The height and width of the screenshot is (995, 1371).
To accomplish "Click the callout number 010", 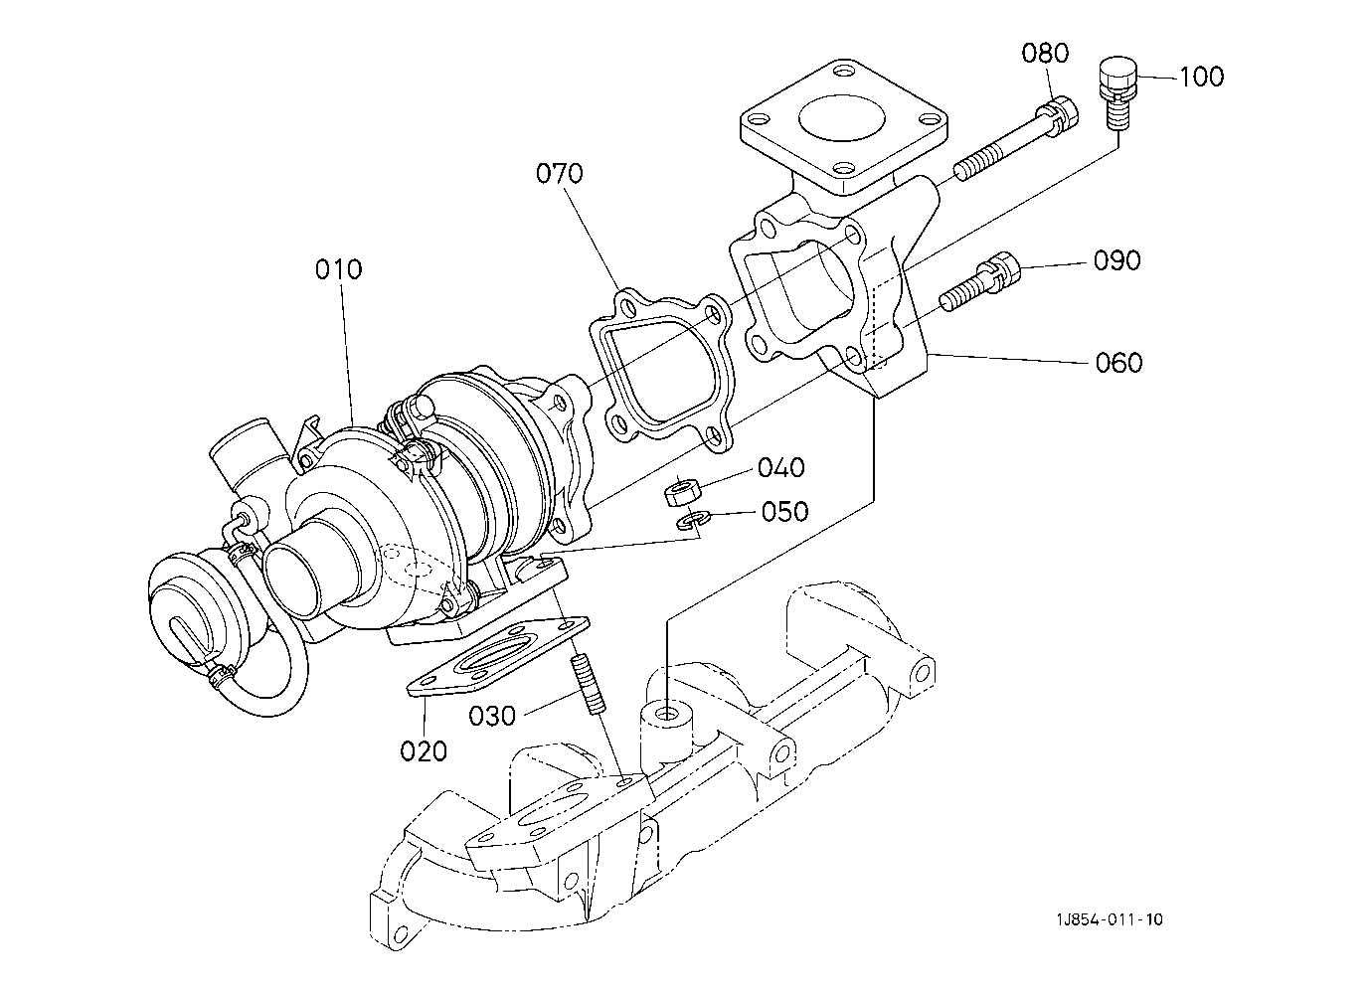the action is click(338, 269).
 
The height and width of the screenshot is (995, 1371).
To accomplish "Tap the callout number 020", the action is click(424, 750).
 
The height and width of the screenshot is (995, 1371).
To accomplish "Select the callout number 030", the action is click(492, 716).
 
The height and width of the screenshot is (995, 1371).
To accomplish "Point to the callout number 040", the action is click(781, 467).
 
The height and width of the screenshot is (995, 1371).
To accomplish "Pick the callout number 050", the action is click(784, 511).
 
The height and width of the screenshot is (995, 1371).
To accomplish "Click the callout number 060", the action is click(1118, 362).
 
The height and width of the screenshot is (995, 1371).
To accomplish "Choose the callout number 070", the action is click(560, 173).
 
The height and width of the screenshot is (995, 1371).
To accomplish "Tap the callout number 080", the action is click(1045, 54).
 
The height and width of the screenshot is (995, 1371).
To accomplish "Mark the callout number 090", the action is click(1117, 260).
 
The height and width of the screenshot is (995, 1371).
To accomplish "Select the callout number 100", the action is click(1201, 78).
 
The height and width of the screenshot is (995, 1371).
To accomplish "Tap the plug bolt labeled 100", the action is click(1118, 93).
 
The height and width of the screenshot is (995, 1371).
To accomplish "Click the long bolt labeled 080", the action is click(1016, 138).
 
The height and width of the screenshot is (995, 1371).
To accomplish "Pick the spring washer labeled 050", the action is click(690, 522).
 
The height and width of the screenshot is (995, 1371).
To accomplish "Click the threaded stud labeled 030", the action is click(589, 684).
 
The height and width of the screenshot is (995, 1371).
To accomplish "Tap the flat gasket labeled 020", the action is click(498, 657).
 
